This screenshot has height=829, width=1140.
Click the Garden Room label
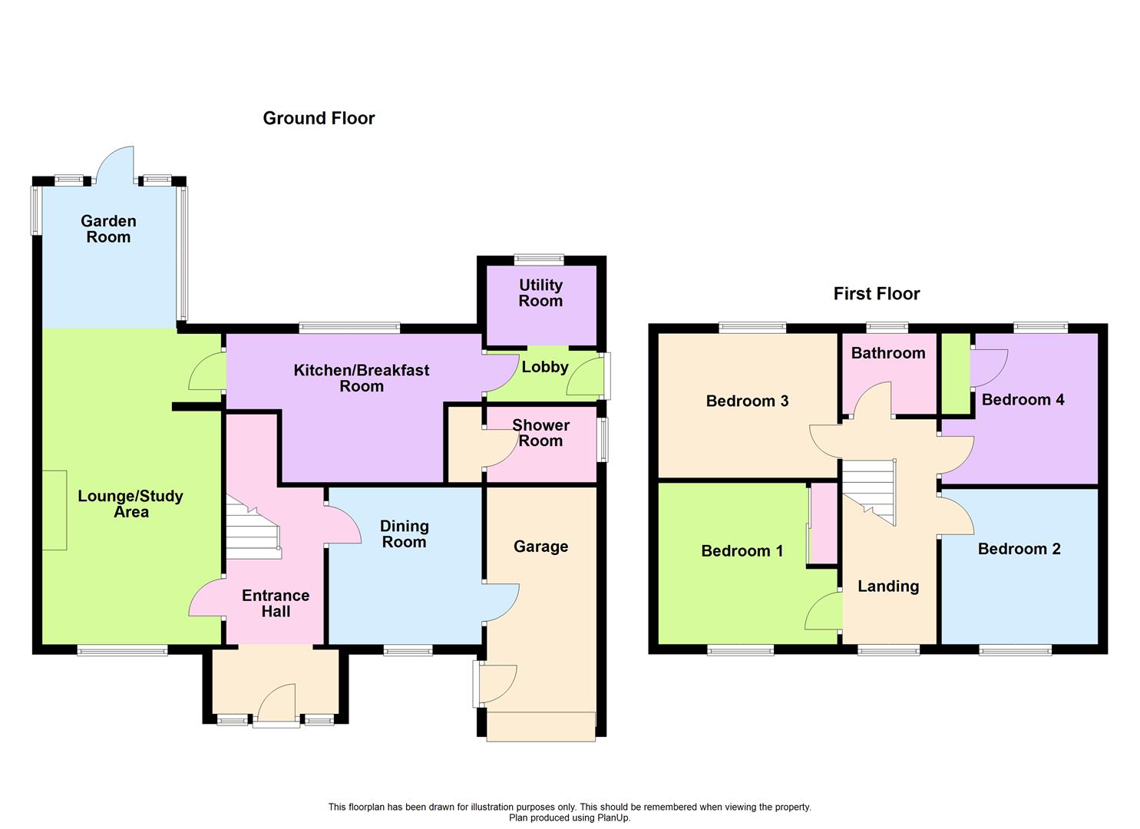[x=108, y=229]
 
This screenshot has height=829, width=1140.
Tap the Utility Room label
[x=540, y=292]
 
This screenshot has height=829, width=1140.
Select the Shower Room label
[x=540, y=433]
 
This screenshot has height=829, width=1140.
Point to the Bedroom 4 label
[x=1023, y=399]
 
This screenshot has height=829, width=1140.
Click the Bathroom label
[x=888, y=353]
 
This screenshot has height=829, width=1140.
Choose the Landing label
[x=888, y=586]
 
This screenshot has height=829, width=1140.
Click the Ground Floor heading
[x=319, y=118]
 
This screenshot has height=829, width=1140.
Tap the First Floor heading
[x=877, y=293]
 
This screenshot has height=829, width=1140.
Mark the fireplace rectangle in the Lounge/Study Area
[x=55, y=510]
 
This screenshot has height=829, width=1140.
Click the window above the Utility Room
[x=539, y=259]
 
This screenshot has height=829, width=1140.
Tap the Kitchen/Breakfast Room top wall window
[x=349, y=328]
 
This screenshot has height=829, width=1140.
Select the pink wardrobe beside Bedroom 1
[x=824, y=523]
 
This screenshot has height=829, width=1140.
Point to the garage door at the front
[x=540, y=726]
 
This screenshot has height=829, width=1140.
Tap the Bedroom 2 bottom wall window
[x=1015, y=651]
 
